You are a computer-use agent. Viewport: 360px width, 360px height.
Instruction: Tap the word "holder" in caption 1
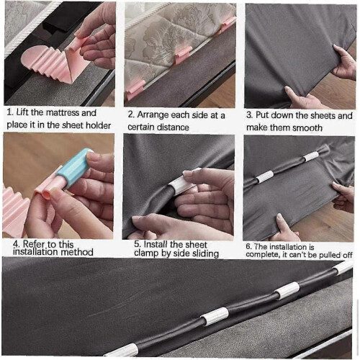(x=99, y=125)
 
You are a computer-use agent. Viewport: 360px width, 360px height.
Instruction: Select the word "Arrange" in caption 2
(x=153, y=115)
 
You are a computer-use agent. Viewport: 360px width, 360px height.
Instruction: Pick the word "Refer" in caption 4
(x=34, y=244)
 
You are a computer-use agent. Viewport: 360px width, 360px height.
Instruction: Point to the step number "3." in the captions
(x=250, y=115)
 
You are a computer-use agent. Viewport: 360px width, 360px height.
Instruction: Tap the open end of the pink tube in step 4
(x=47, y=195)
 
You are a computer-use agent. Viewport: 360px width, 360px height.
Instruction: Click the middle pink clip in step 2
(x=183, y=55)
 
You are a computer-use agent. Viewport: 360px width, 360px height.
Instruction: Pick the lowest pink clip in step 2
(x=135, y=89)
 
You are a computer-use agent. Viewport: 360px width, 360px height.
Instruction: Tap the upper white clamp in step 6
(x=311, y=156)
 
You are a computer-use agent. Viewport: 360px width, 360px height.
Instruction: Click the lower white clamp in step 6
(x=265, y=177)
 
